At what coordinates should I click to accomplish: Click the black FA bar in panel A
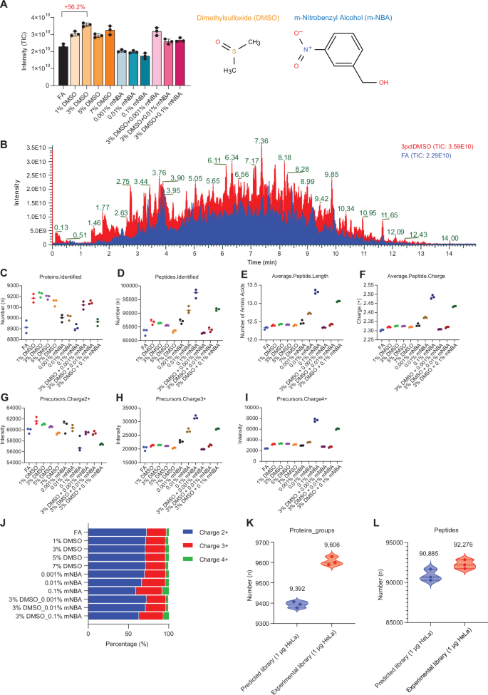pos(63,63)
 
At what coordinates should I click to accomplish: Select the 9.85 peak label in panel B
pos(331,175)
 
